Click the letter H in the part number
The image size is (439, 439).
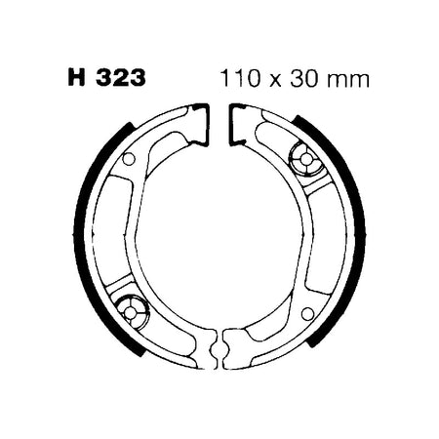[76, 78]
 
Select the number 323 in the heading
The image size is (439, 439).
[121, 78]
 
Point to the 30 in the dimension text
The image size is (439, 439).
[304, 78]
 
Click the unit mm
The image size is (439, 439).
[348, 81]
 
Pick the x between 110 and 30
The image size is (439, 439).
[275, 81]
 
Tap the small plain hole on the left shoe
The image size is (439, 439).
[129, 159]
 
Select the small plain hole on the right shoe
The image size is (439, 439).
[307, 314]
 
